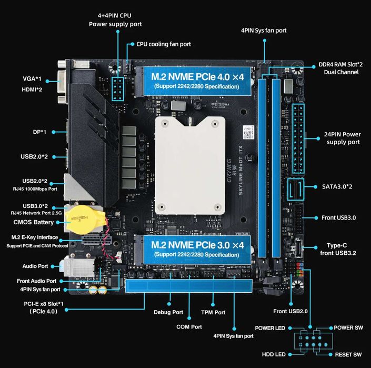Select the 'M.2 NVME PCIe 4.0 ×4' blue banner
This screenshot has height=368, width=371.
(197, 80)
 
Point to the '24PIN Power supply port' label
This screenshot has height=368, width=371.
(343, 138)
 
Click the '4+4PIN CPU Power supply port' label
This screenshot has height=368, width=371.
(115, 20)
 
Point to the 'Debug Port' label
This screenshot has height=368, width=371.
(169, 312)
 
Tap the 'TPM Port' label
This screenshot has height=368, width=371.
(213, 312)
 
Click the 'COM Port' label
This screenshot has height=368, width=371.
(189, 326)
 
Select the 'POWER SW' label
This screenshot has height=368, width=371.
(348, 327)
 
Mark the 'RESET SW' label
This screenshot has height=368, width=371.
(348, 354)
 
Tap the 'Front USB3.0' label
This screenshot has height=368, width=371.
(342, 217)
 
